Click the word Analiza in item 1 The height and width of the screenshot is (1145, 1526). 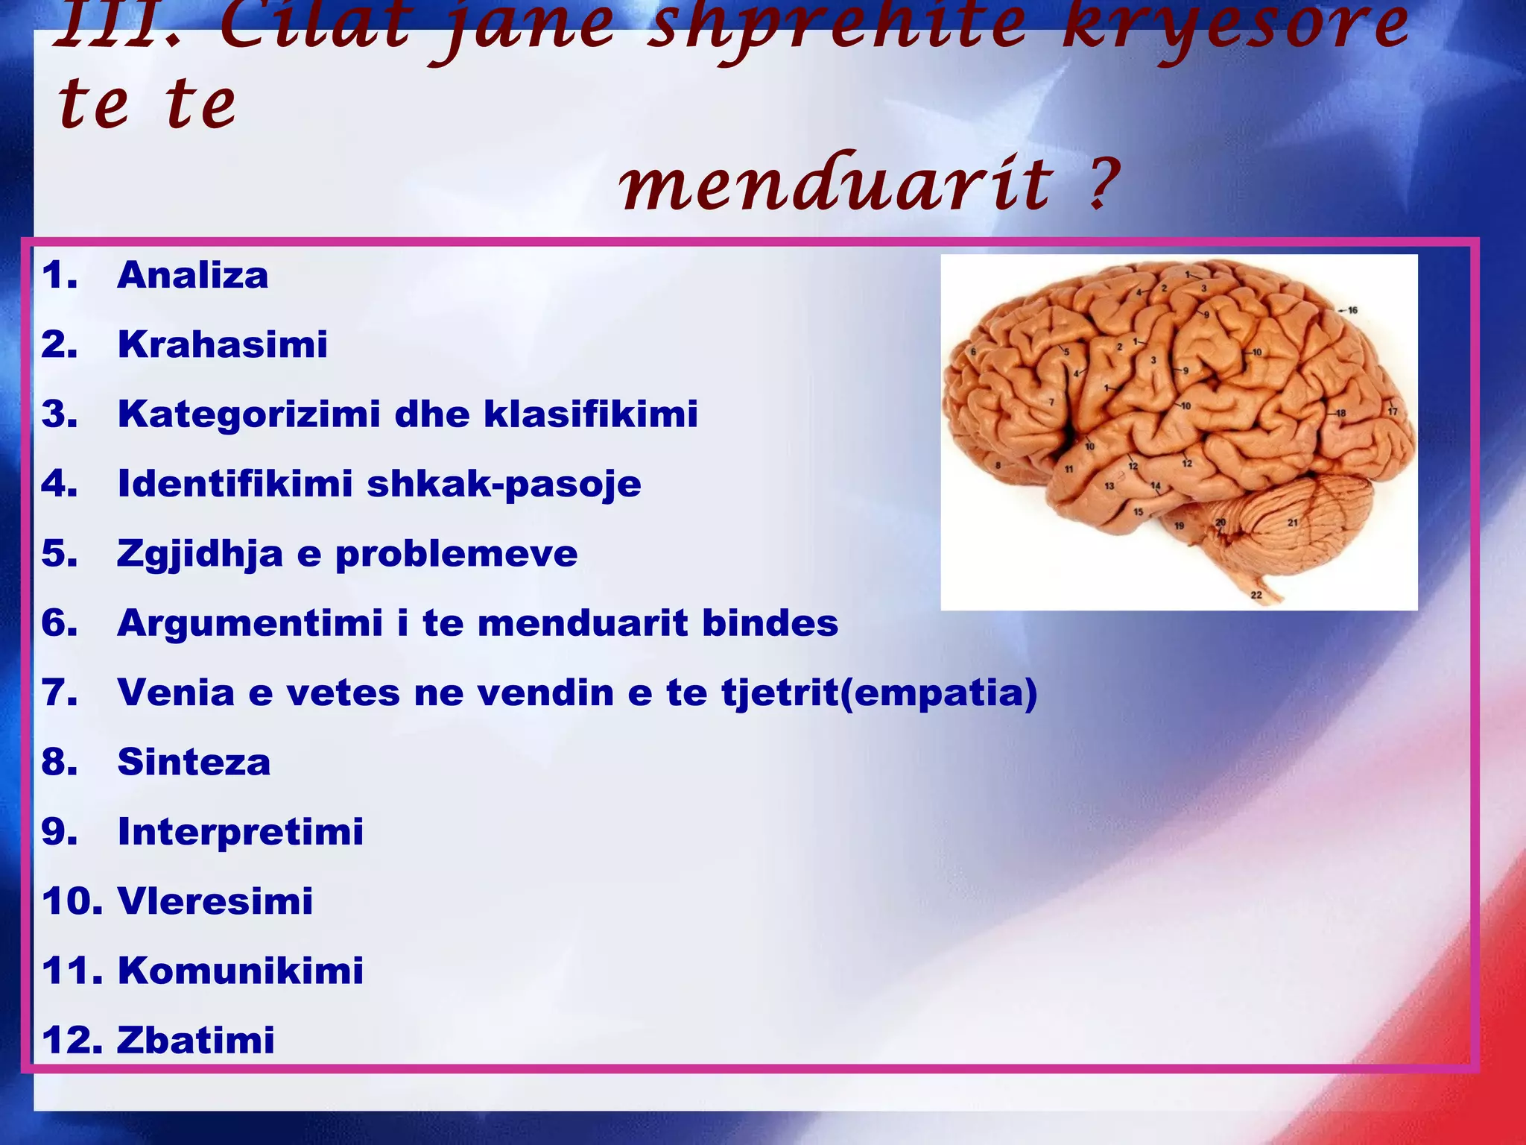192,275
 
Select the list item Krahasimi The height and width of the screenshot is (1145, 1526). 222,344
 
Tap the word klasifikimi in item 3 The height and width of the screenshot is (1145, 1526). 590,414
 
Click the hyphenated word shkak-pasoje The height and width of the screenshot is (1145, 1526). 504,484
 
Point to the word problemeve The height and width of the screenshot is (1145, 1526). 456,554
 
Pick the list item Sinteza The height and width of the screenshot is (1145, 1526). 194,762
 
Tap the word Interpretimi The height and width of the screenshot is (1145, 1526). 240,831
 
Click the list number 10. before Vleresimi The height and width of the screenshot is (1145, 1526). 72,901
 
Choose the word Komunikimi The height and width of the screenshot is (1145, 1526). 240,971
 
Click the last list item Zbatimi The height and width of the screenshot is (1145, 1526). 195,1040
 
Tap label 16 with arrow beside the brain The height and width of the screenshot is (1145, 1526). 1352,310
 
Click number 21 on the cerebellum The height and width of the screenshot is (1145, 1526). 1293,523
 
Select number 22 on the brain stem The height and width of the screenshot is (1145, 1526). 1256,595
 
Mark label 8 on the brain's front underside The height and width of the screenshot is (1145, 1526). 998,466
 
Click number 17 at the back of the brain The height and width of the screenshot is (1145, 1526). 1392,411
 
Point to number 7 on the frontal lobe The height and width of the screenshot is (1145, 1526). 1051,402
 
